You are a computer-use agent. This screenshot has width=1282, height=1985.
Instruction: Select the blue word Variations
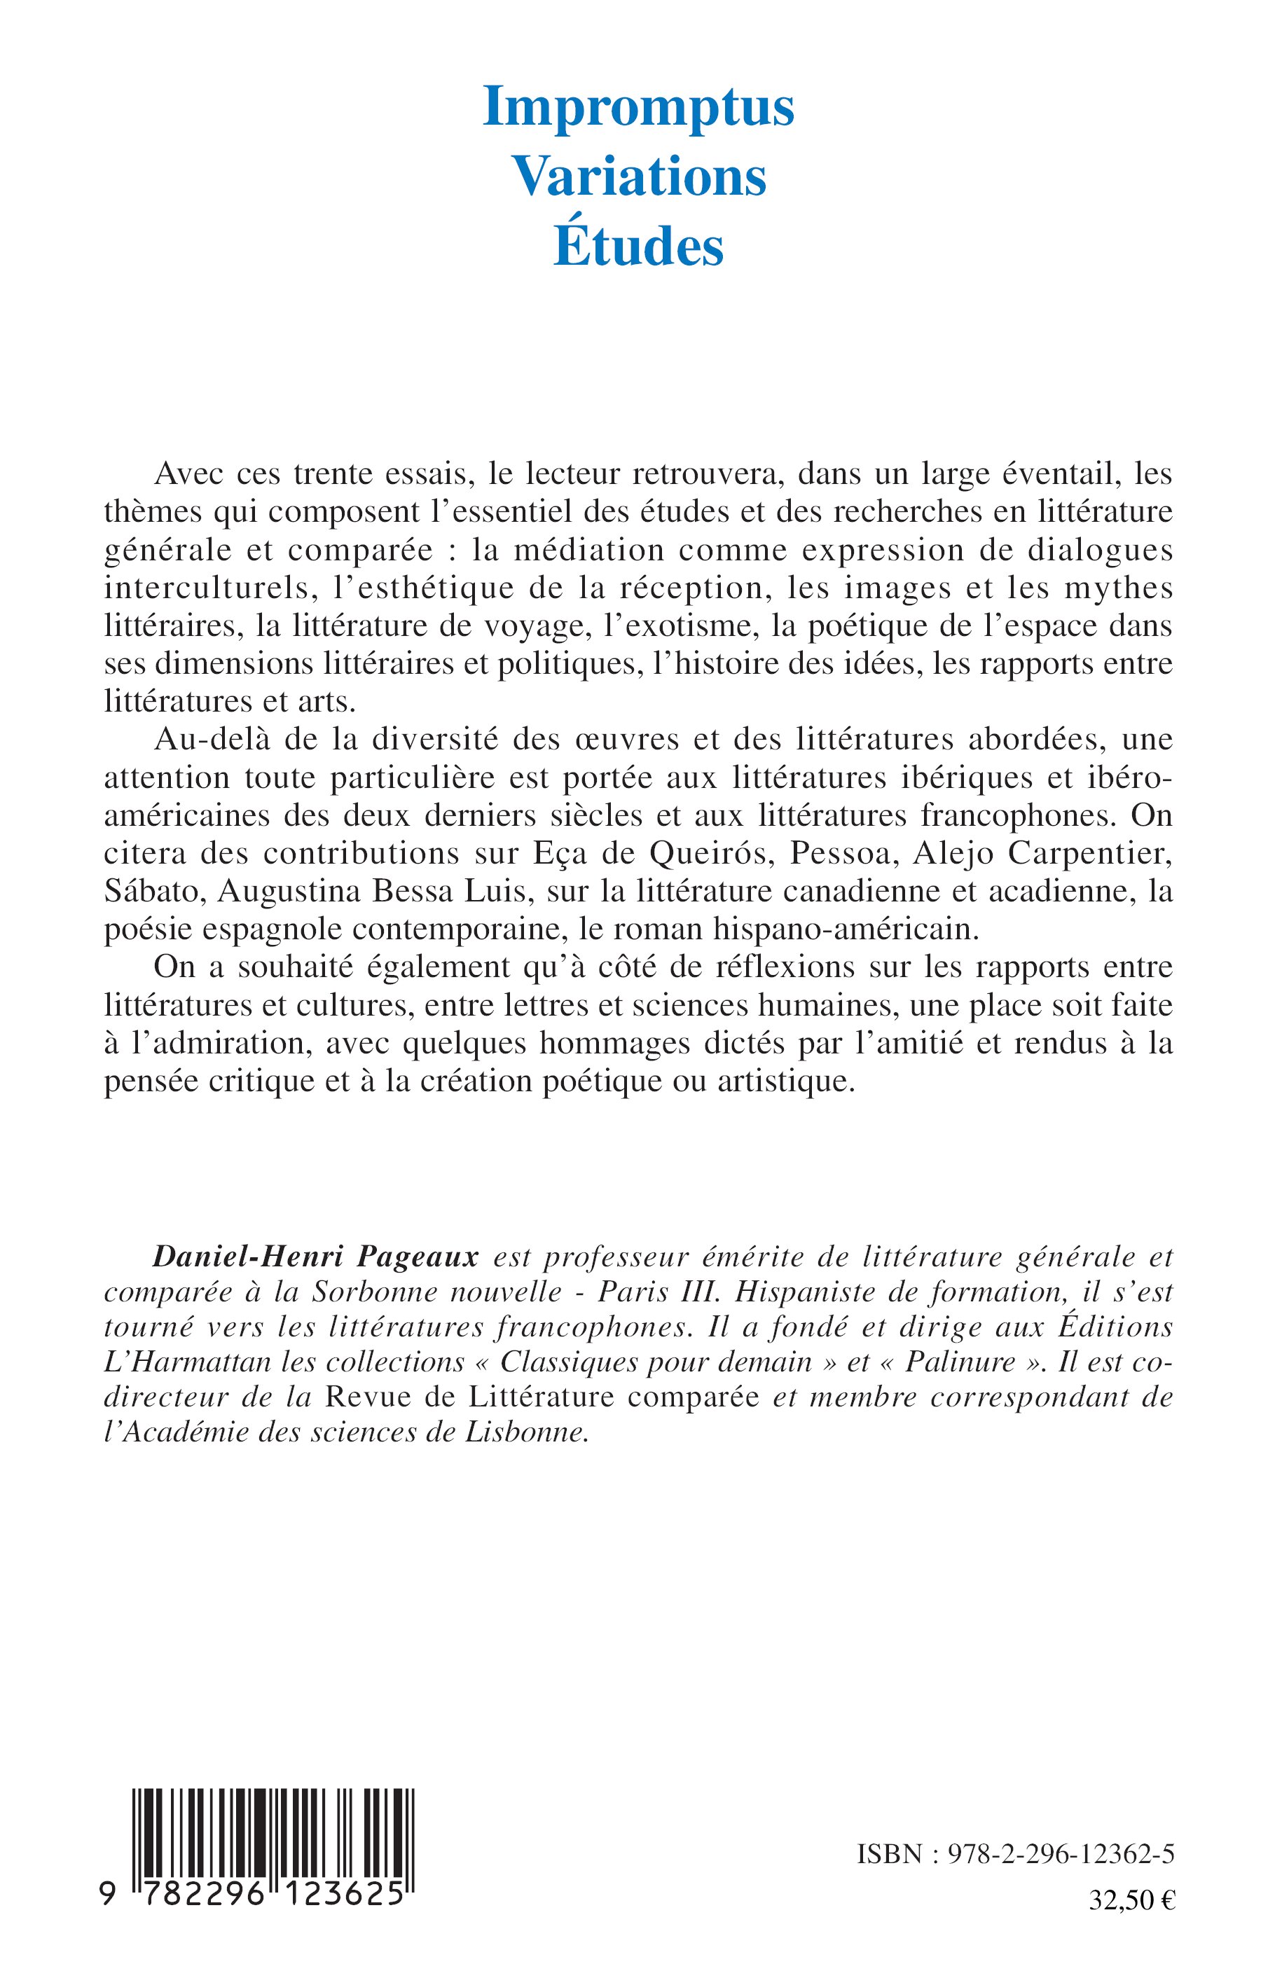638,177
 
